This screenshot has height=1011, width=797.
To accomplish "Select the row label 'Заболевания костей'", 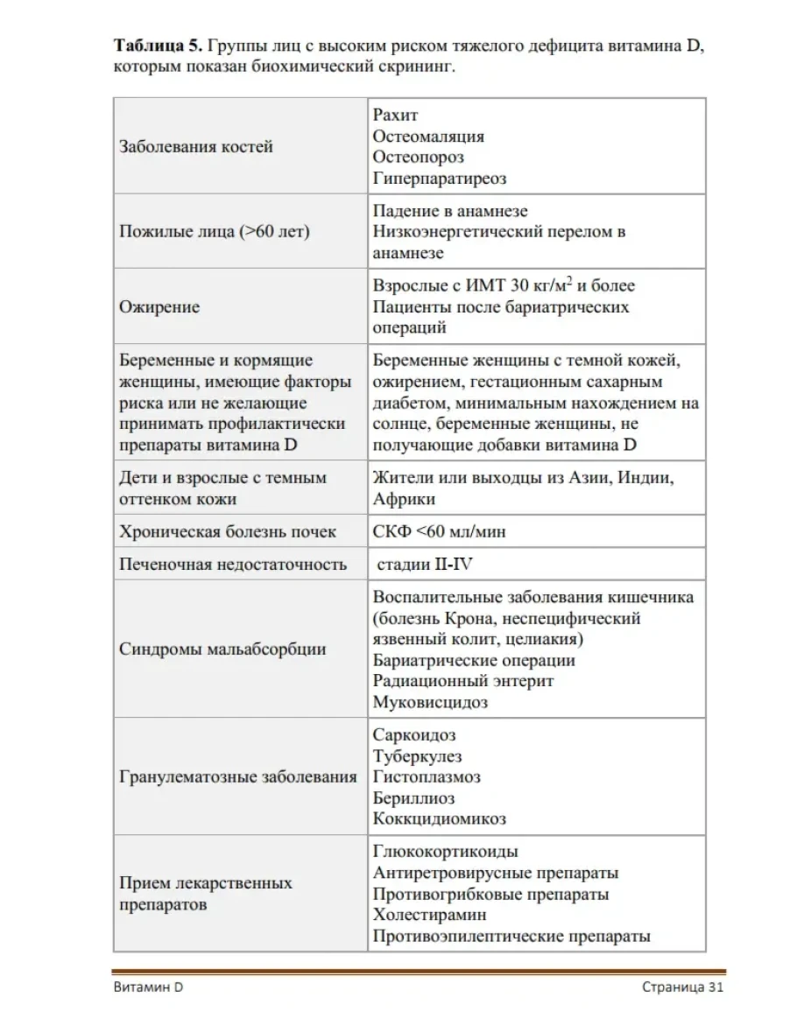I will coord(196,146).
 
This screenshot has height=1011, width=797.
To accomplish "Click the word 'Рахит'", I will coord(396,115).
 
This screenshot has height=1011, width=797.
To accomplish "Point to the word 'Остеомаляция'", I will coord(428,136).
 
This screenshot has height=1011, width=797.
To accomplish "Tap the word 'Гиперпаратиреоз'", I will coord(440,179).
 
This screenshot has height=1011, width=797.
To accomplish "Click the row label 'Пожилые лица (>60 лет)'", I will coord(215,232).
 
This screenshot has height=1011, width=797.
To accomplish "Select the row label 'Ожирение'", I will coord(159,307).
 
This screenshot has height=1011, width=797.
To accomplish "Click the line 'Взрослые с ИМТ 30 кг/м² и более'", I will coord(504,285).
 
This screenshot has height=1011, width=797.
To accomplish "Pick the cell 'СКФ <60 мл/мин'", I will coord(439,531).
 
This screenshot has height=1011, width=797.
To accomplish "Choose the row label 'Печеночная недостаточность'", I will coord(233,565).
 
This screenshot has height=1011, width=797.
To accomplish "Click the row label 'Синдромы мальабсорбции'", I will coord(222,649).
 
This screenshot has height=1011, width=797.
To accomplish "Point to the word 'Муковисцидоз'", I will coord(430,702).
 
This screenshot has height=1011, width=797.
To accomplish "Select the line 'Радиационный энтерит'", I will coord(463,681).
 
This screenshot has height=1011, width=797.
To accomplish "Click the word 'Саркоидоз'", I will coord(414,734).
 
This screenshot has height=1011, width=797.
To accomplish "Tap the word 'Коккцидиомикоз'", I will coord(439,819).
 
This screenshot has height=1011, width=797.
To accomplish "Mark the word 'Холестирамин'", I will coord(429,916).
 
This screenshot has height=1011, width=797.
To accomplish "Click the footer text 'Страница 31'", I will coord(681,987).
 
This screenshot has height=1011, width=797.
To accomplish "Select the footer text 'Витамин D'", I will coord(148,987).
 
